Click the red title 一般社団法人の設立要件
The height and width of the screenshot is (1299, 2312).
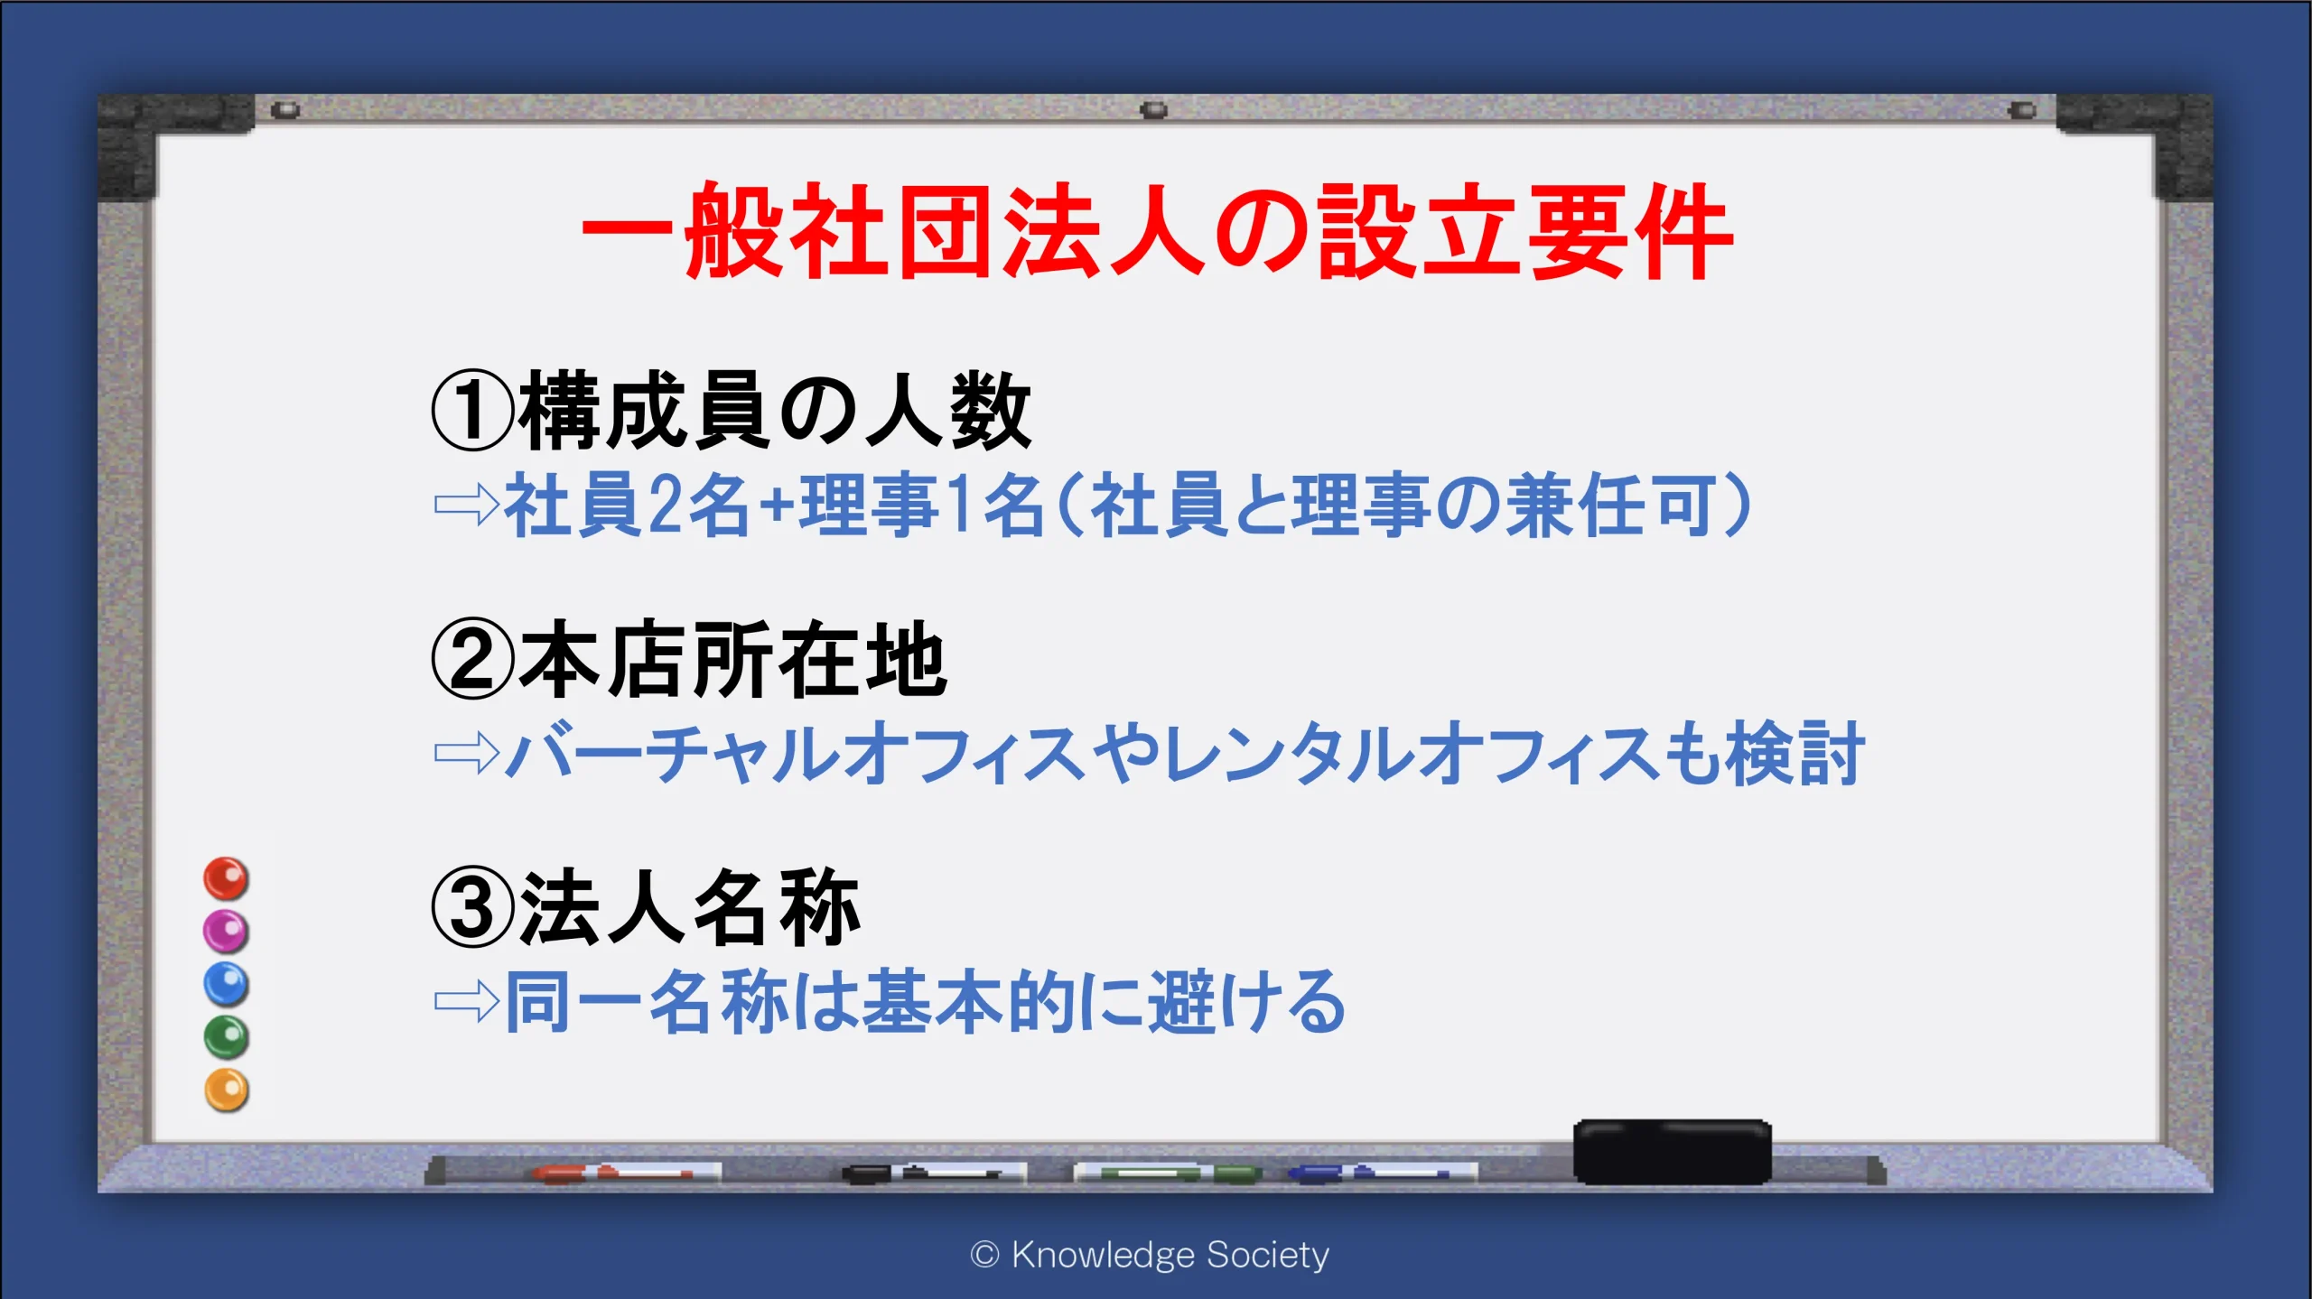pos(1157,231)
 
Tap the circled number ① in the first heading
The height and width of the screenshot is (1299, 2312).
pos(473,411)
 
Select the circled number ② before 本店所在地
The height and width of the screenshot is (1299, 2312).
pos(473,660)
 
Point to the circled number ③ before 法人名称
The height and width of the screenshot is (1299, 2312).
pos(473,907)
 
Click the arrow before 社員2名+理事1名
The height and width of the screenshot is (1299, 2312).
pos(467,504)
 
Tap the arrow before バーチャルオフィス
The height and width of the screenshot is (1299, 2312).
pos(467,752)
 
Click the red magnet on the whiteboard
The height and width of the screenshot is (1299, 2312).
pos(226,878)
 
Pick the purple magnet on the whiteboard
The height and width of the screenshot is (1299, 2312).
pos(226,931)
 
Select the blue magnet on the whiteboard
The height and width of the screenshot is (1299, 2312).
pos(226,984)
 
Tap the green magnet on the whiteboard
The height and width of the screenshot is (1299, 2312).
pos(226,1037)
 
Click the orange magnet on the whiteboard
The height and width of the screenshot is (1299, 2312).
pos(226,1090)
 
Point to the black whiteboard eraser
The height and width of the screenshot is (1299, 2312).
pos(1673,1151)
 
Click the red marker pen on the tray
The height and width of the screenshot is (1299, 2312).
pos(626,1173)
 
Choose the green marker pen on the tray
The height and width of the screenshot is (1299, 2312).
pos(1168,1173)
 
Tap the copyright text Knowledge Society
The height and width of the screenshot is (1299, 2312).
pos(1150,1255)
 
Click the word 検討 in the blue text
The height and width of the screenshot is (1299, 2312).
pos(1795,752)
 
